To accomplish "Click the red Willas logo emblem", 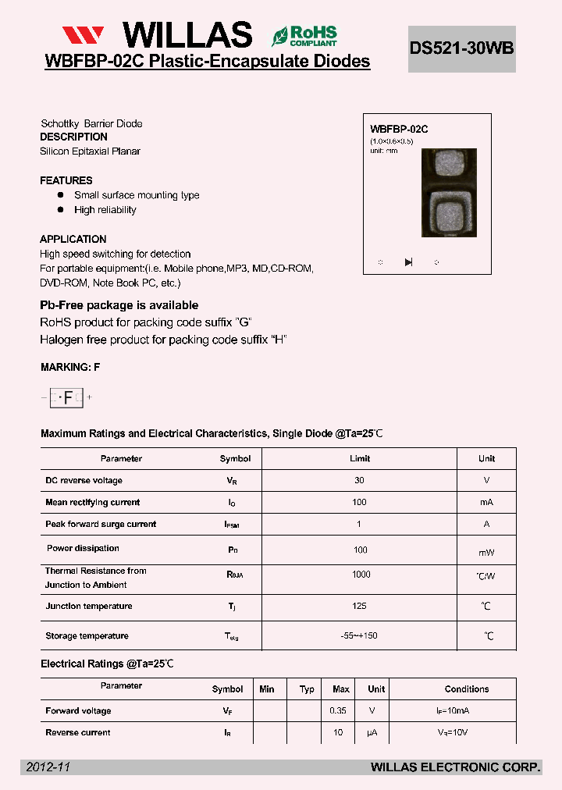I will click(83, 35).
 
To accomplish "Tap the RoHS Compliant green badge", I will click(304, 35).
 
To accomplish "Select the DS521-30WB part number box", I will click(461, 48).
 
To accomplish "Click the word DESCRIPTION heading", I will click(73, 137).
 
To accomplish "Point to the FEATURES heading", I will click(66, 180).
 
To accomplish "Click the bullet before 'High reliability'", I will click(60, 210).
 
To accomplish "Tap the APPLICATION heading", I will click(73, 239).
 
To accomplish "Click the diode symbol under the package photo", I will click(408, 262).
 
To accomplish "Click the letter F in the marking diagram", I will click(68, 397).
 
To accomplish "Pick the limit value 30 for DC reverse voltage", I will click(359, 480).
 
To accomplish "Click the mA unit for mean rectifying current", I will click(486, 502).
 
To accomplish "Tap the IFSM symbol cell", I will click(232, 525).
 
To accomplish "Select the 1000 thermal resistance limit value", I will click(360, 575).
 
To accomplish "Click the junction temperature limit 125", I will click(359, 606).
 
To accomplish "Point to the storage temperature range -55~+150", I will click(359, 635).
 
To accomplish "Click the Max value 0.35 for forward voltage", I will click(340, 710).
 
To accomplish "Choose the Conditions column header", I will click(467, 689).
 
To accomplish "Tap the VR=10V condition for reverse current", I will click(454, 732).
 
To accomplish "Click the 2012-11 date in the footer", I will click(48, 767).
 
